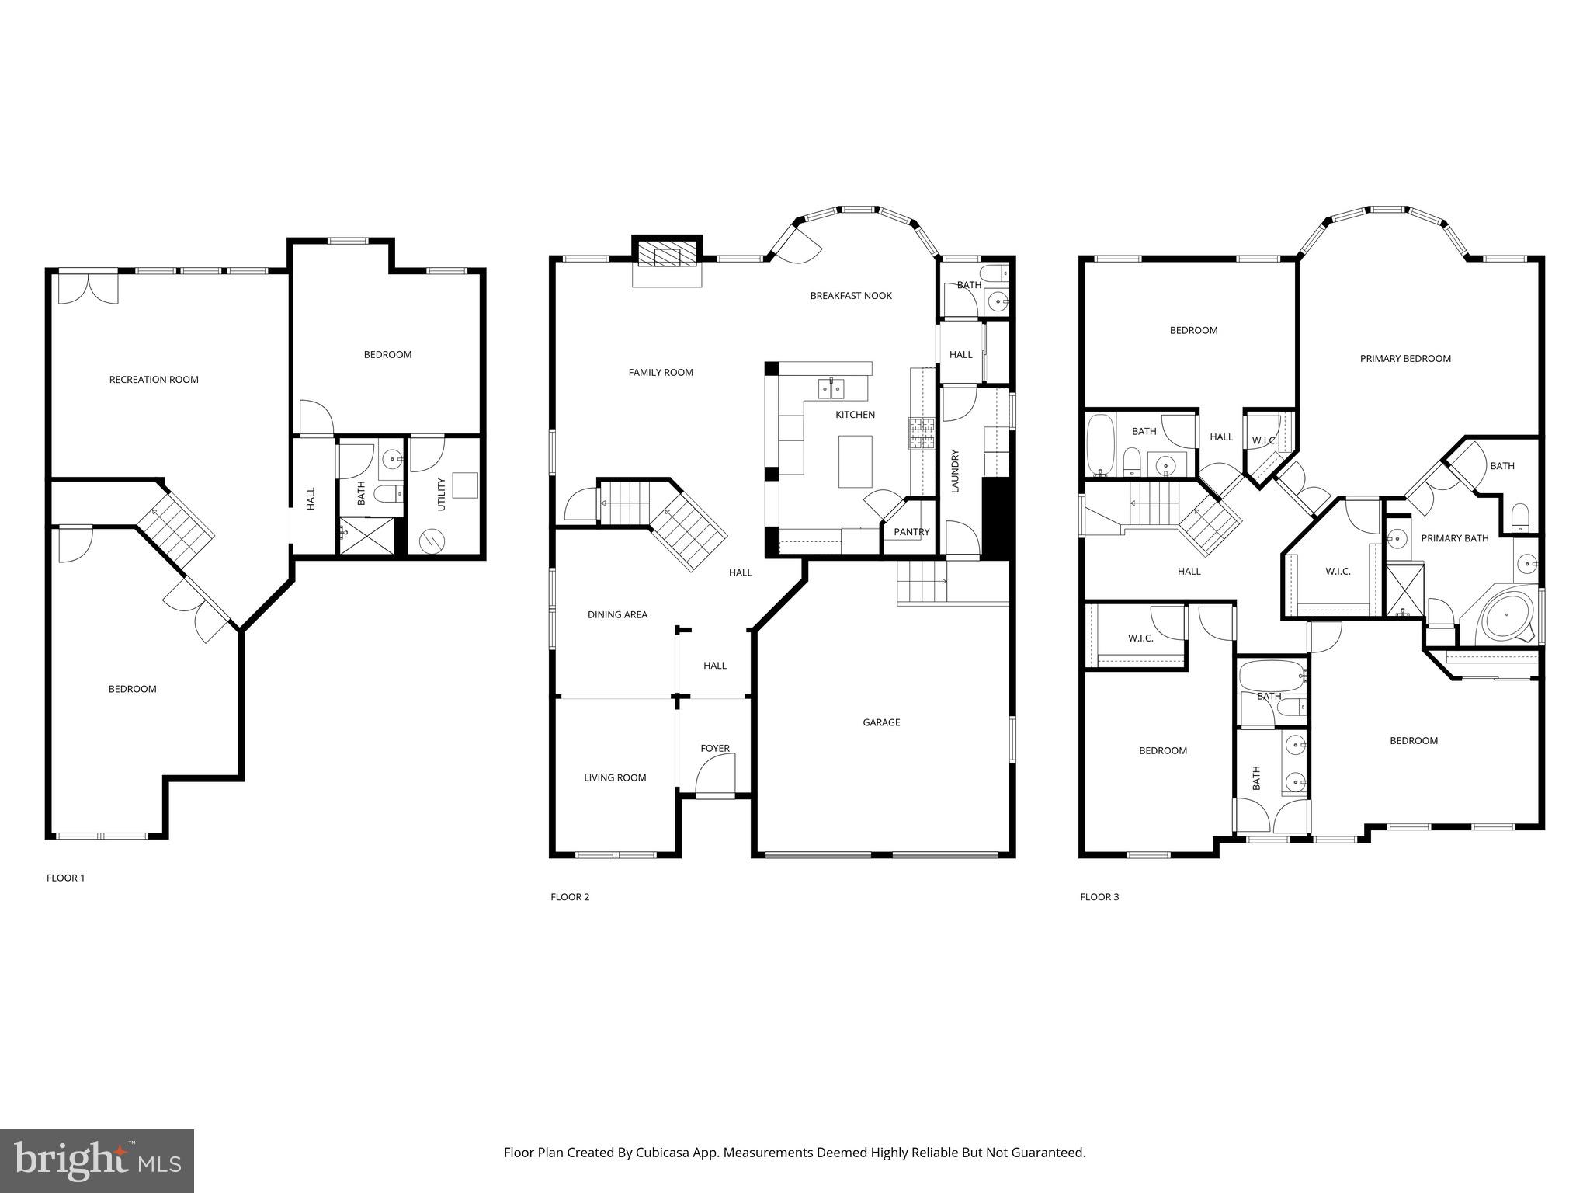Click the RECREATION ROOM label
coord(154,380)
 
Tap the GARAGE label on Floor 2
coord(881,722)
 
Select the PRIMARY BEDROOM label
coord(1405,359)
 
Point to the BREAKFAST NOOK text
coord(851,296)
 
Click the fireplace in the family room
coord(667,255)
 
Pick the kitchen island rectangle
coord(855,461)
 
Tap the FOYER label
coord(715,749)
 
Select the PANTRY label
coord(911,532)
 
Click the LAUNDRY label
coord(956,471)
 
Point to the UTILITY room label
coord(442,494)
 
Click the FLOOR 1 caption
coord(66,878)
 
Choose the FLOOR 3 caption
coord(1099,897)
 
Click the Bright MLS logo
coord(97,1161)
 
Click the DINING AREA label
coord(617,615)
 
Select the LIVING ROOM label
coord(615,777)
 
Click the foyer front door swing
coord(715,778)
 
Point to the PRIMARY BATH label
coord(1454,538)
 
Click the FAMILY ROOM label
coord(661,373)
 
